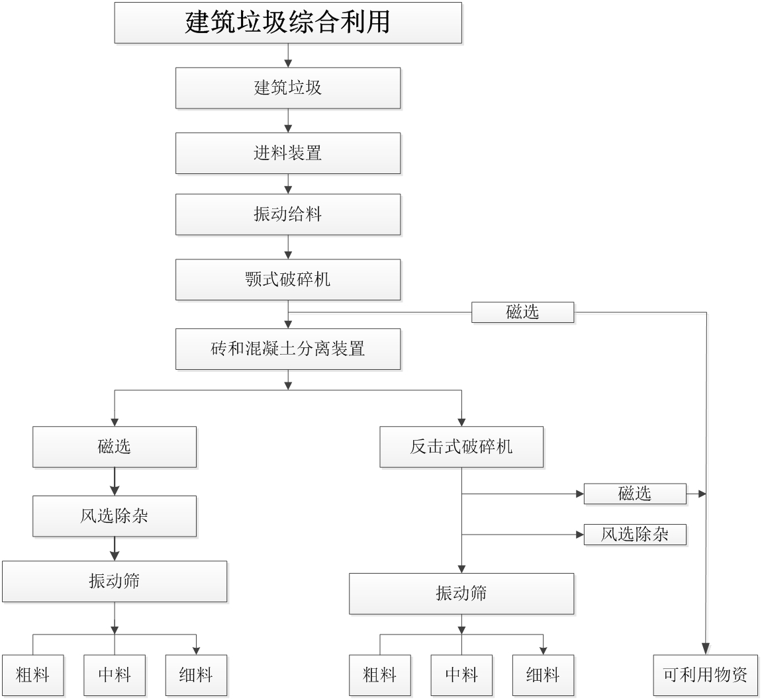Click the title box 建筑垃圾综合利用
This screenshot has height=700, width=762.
click(x=288, y=22)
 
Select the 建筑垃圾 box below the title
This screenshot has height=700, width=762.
click(x=288, y=88)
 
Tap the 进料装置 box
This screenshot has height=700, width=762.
click(x=288, y=153)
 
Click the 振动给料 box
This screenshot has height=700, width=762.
click(x=288, y=214)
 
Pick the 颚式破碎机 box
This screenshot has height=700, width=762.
click(x=288, y=279)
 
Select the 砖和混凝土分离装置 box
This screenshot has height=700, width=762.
click(x=288, y=349)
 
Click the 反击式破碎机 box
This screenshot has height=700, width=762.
click(x=461, y=447)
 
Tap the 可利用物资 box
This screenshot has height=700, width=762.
click(x=705, y=676)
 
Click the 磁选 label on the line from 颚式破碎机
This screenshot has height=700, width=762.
click(x=522, y=312)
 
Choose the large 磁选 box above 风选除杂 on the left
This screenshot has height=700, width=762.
click(x=115, y=447)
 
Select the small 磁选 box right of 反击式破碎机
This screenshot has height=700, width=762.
click(x=635, y=494)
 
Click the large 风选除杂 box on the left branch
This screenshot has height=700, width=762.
click(x=115, y=516)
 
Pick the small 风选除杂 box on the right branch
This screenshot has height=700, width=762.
click(x=635, y=535)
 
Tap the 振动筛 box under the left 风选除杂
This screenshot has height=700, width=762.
click(x=115, y=581)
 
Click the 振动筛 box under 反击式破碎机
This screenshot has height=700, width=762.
click(x=461, y=593)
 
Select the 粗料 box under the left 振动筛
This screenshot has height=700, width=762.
click(x=32, y=676)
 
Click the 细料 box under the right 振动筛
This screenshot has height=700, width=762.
click(x=543, y=676)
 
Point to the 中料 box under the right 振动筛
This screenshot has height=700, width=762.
click(x=461, y=676)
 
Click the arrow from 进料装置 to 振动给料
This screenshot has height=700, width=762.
click(x=288, y=183)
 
